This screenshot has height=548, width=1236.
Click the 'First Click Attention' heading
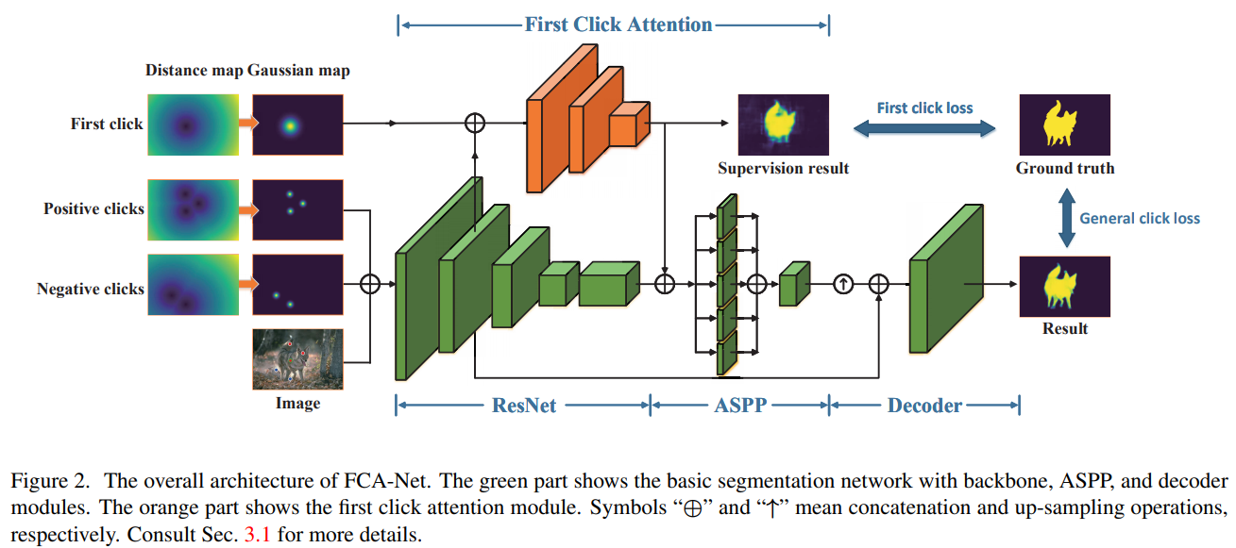click(618, 25)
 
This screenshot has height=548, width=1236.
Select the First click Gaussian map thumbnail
click(296, 124)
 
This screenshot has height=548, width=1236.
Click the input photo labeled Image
click(296, 359)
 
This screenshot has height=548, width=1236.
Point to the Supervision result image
click(783, 125)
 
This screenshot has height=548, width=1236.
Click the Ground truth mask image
click(1064, 125)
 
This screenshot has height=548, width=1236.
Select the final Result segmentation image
click(1064, 286)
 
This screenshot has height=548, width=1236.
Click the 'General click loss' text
click(1140, 218)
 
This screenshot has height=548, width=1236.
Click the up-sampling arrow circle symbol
click(843, 284)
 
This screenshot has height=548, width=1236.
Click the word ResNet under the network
click(524, 406)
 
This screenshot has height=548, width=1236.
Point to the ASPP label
click(740, 406)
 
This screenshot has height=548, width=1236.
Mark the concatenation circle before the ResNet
click(370, 284)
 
